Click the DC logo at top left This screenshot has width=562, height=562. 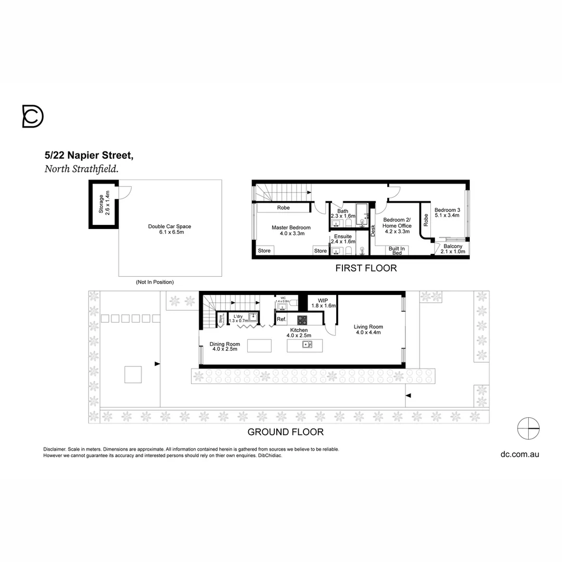[33, 116]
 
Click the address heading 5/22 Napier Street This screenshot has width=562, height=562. [90, 155]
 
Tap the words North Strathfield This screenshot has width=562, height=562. [81, 169]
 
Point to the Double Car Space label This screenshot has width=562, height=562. [170, 229]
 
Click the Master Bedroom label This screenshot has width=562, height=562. [291, 231]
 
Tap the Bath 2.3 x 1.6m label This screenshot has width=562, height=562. [342, 213]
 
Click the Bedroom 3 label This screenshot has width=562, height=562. [448, 213]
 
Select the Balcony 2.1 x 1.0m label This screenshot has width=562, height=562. [453, 249]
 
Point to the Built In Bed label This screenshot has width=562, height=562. [397, 250]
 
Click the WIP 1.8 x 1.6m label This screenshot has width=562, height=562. [323, 303]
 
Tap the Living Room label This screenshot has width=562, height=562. [368, 329]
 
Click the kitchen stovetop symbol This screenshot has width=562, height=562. [302, 320]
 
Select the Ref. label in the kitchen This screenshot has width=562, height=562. [281, 320]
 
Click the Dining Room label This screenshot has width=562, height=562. [225, 347]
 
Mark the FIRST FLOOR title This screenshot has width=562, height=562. [366, 269]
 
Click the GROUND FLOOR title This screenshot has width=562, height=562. [285, 432]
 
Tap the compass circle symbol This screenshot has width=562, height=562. [528, 428]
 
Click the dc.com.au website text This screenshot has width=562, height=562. [519, 454]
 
